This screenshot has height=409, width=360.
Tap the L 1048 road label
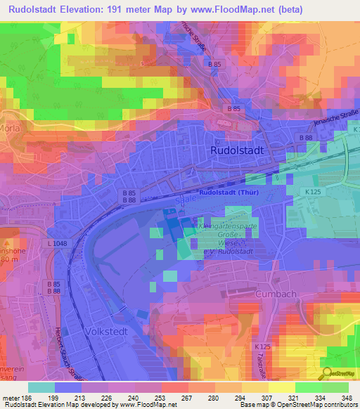[x=60, y=242]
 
